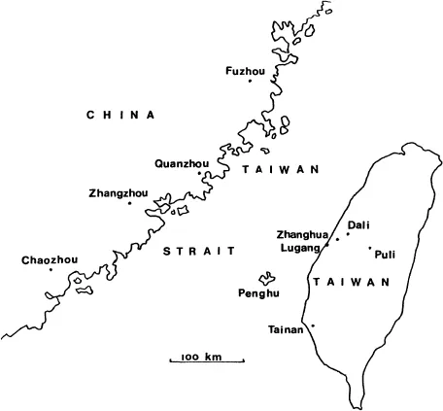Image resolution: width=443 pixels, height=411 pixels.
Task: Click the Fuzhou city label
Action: click(244, 70)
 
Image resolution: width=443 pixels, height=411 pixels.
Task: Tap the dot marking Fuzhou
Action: click(250, 81)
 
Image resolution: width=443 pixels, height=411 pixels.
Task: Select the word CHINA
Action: click(120, 115)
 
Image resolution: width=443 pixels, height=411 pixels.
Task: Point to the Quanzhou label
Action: click(182, 163)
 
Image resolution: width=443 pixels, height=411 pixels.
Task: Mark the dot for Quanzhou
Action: click(200, 174)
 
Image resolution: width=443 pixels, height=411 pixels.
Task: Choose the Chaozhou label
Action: click(49, 259)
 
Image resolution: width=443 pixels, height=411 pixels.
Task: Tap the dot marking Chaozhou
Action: click(51, 269)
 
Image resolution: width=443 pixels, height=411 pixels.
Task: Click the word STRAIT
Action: click(198, 251)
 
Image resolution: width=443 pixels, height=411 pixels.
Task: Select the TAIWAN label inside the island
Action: click(351, 282)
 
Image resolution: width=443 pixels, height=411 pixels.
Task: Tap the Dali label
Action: click(358, 224)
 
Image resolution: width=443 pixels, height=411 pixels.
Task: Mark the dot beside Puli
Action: click(370, 248)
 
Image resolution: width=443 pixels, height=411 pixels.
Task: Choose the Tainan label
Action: click(286, 330)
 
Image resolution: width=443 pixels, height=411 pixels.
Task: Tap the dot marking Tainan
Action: click(313, 325)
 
